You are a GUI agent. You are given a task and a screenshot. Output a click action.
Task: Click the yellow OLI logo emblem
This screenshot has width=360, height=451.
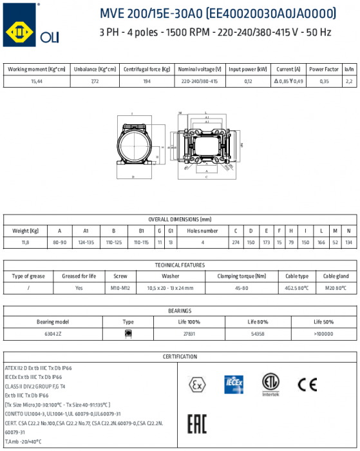point(18,29)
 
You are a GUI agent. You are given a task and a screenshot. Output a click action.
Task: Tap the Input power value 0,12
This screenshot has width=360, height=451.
point(248,81)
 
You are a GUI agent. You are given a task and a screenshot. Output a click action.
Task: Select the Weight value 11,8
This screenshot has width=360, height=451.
point(25,243)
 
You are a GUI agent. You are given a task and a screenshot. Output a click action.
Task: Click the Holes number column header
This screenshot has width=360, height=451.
point(202,231)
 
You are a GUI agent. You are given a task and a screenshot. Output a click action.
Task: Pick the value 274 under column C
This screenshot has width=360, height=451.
point(236,243)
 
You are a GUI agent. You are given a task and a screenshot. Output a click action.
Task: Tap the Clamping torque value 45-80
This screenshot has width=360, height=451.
point(242,288)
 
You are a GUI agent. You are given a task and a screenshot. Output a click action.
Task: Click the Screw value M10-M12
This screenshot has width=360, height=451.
point(120,288)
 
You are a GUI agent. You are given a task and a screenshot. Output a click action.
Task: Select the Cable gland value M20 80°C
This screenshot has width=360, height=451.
point(336,288)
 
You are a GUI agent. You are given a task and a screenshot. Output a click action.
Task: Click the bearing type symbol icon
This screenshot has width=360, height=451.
point(128,333)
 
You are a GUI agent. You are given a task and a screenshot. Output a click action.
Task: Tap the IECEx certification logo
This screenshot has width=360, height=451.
point(233,384)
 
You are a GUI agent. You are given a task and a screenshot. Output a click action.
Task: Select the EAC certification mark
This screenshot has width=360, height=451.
point(196,424)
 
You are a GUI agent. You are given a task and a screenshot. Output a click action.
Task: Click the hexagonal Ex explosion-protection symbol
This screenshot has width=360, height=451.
point(196,384)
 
